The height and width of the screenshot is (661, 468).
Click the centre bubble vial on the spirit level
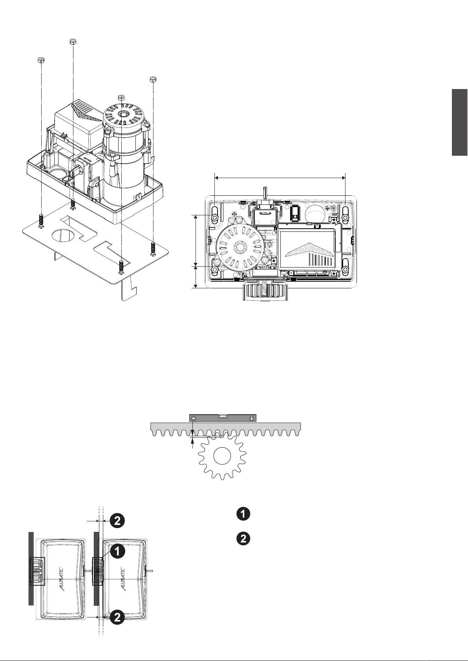tap(223, 416)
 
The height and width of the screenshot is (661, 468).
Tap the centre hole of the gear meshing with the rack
tap(222, 456)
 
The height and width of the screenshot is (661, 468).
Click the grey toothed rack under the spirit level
tap(226, 429)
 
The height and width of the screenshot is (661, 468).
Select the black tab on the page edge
tap(459, 122)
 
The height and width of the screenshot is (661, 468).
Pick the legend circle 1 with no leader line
tap(243, 514)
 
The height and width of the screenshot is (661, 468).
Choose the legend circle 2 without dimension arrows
tap(243, 539)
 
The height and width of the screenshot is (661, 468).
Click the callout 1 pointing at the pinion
tap(117, 551)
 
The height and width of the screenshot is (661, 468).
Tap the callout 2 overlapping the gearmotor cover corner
tap(117, 617)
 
